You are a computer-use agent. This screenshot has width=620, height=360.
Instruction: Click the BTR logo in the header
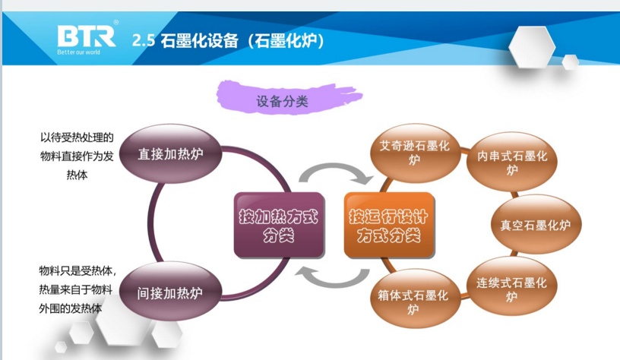tap(86, 36)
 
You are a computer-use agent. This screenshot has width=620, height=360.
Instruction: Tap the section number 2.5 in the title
tap(144, 40)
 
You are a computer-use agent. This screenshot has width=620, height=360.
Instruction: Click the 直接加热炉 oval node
tap(170, 154)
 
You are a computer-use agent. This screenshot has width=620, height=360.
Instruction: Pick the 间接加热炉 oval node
tap(170, 292)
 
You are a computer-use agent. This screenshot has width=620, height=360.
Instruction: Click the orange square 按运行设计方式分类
tap(388, 226)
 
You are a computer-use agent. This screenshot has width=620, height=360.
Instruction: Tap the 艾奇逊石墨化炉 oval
tap(414, 151)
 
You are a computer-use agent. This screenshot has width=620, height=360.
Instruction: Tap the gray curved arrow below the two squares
tap(332, 278)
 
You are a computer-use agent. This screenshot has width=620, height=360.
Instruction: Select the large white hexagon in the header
tap(531, 47)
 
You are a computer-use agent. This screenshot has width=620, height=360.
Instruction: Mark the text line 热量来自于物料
tap(76, 289)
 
